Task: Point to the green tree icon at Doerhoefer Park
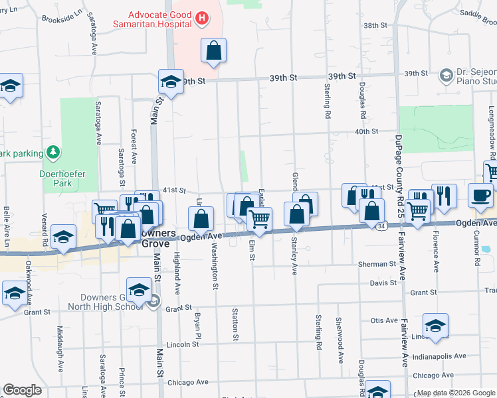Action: point(52,155)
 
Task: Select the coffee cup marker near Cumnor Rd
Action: point(481,194)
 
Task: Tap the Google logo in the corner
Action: point(22,390)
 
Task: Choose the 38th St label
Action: point(375,25)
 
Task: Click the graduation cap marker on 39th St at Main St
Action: point(171,82)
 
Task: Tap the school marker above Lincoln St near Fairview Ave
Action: point(435,326)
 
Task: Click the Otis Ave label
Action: point(384,320)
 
